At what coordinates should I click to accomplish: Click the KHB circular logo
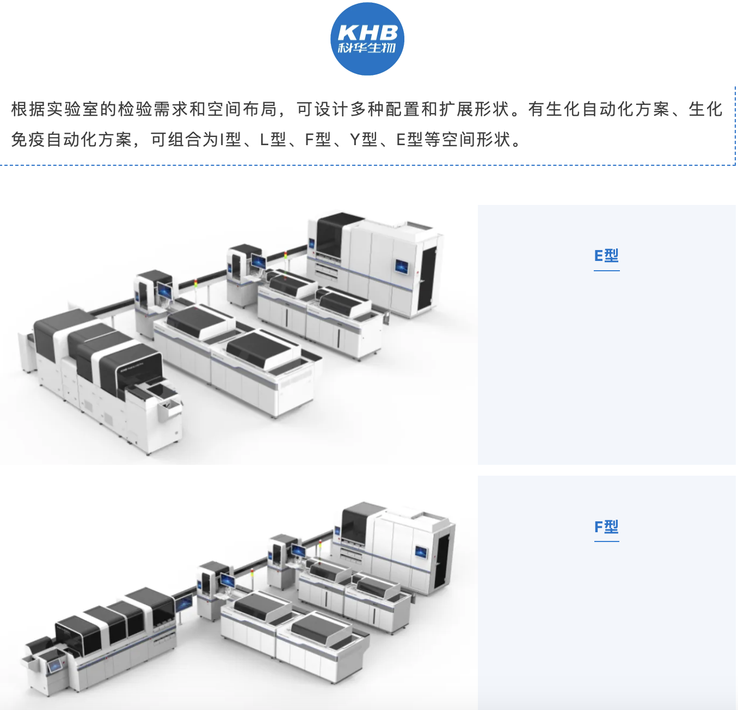pos(367,39)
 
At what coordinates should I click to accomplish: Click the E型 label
pos(606,256)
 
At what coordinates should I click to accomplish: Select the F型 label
pos(606,526)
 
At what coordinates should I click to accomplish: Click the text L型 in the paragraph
pos(273,140)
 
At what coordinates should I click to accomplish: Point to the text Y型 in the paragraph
pos(364,140)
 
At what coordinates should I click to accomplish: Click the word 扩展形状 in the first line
pos(474,109)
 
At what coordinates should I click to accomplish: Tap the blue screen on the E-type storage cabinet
pos(402,267)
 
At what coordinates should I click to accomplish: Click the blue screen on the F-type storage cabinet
pos(421,552)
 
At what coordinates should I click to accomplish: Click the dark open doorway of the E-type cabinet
pos(427,277)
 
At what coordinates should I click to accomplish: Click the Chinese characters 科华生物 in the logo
pos(367,48)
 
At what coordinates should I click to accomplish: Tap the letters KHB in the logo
pos(368,33)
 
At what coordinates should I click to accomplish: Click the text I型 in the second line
pos(230,140)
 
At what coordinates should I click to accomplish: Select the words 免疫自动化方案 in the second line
pos(72,140)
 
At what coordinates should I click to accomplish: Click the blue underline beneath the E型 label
pos(606,270)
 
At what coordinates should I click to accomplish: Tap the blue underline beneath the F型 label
pos(606,541)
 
